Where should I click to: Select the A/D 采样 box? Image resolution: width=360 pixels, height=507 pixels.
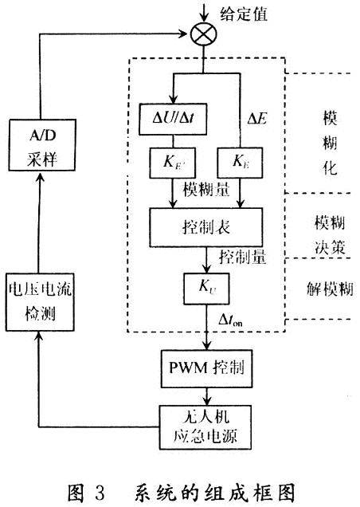tap(42, 145)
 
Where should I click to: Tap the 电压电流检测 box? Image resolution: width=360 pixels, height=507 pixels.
tap(40, 302)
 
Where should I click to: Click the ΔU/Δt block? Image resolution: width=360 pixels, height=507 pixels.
tap(173, 119)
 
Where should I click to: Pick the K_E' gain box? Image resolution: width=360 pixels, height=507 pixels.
tap(173, 163)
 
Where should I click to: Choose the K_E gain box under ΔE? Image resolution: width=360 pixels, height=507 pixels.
tap(240, 163)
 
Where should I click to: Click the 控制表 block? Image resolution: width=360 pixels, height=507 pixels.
tap(205, 227)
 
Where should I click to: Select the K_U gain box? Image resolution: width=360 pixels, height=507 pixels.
tap(206, 289)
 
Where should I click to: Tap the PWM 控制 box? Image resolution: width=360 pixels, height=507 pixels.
tap(206, 368)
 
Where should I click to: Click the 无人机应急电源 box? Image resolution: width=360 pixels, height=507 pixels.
tap(205, 427)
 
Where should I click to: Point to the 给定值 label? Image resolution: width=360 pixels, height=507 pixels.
tap(244, 14)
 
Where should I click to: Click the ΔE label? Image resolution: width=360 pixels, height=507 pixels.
tap(257, 119)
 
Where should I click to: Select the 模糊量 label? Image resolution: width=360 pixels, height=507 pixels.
tap(206, 189)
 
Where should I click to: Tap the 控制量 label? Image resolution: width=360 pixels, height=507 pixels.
tap(243, 257)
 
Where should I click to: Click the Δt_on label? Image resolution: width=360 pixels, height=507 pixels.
tap(230, 320)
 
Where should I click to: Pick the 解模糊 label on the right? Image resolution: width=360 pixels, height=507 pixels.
tap(330, 288)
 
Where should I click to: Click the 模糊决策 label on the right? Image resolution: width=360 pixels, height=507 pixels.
tap(331, 235)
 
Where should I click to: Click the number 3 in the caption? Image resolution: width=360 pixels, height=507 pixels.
tap(100, 493)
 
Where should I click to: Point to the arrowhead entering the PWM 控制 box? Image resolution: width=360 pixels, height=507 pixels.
tap(206, 345)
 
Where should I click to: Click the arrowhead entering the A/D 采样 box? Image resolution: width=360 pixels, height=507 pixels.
tap(40, 176)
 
